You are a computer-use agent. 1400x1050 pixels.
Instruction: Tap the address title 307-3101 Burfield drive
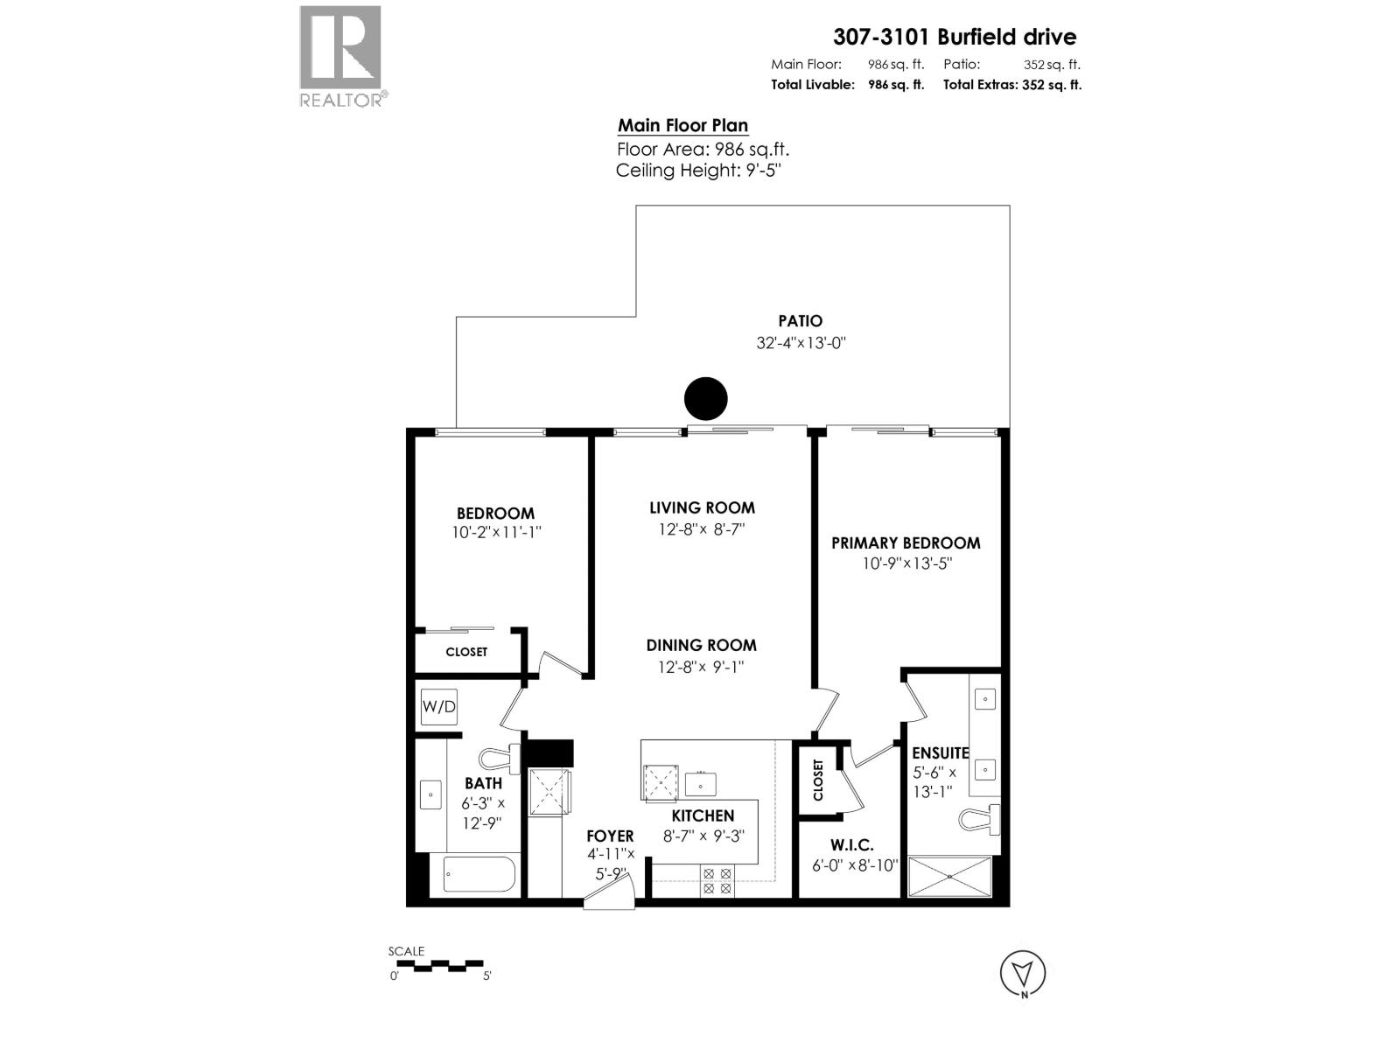[x=955, y=37]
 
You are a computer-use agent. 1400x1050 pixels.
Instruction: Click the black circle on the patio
[x=705, y=399]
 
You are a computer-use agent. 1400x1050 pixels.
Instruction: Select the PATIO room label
[x=800, y=321]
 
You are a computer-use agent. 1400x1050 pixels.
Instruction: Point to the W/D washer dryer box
[x=438, y=706]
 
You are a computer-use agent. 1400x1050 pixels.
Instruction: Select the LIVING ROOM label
[x=702, y=507]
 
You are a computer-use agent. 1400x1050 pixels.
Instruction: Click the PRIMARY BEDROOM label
[x=906, y=543]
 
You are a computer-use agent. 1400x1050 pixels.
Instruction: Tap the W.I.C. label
[x=851, y=845]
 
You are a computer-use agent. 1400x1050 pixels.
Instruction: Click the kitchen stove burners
[x=717, y=880]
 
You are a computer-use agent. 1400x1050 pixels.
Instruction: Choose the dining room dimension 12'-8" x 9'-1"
[x=701, y=668]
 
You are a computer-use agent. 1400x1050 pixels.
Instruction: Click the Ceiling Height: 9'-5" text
[x=697, y=171]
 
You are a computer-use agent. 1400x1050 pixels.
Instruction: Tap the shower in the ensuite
[x=950, y=877]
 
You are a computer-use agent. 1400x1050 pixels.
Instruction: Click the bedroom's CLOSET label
[x=466, y=652]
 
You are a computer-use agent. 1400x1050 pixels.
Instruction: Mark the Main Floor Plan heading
[x=682, y=125]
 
